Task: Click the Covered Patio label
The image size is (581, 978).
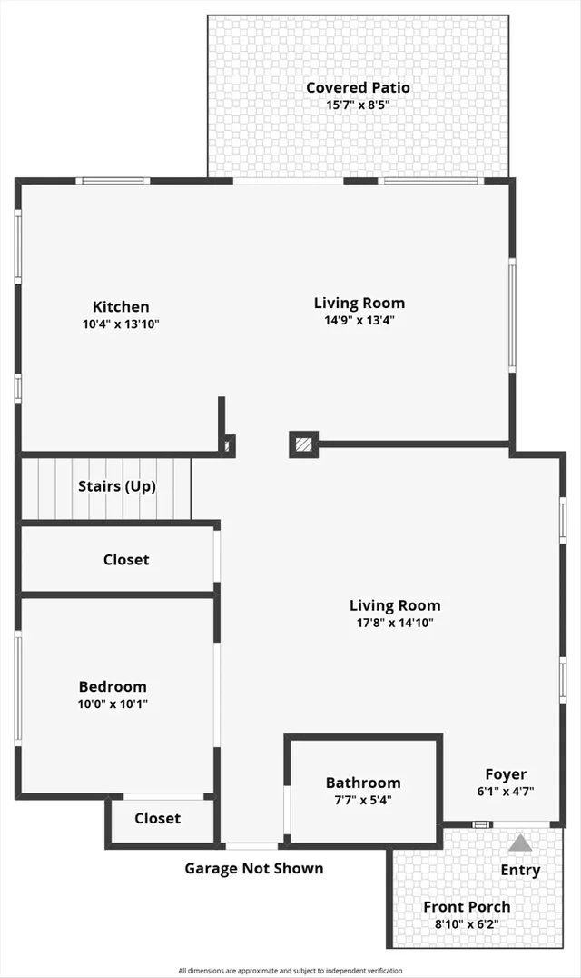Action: coord(358,88)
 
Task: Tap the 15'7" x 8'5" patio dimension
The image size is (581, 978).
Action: coord(358,105)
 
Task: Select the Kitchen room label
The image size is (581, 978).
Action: coord(121,307)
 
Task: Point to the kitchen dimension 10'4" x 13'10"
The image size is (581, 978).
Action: coord(121,324)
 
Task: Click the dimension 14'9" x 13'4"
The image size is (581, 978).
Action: coord(359,320)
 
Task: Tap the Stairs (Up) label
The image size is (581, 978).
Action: coord(117,486)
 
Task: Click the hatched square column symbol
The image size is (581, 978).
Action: coord(304,444)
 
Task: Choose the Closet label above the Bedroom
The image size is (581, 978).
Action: coord(126,560)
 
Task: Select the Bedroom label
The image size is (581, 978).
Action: coord(113,687)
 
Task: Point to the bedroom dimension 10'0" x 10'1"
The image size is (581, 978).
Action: coord(113,704)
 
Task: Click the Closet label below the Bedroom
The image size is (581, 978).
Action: coord(158,818)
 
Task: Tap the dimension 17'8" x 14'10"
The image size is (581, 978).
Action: coord(395,623)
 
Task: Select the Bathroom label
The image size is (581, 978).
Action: coord(363,783)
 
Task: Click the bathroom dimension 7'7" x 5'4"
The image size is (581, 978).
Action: coord(363,800)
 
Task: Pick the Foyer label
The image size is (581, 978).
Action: coord(506,774)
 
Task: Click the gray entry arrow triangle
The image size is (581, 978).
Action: coord(519,843)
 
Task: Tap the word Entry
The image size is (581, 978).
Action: coord(520,870)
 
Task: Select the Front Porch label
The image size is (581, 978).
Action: coord(467,906)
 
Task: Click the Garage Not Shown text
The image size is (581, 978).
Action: coord(254,868)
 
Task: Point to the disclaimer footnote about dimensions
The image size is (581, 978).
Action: coord(290,971)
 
